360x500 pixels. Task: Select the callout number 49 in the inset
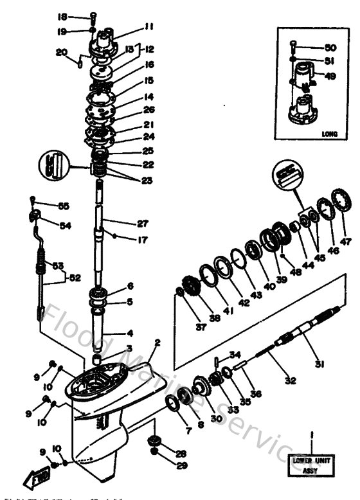click(x=331, y=75)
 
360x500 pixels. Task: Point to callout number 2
click(x=157, y=343)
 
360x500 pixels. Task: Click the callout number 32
click(x=291, y=380)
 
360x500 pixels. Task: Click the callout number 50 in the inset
click(x=331, y=48)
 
